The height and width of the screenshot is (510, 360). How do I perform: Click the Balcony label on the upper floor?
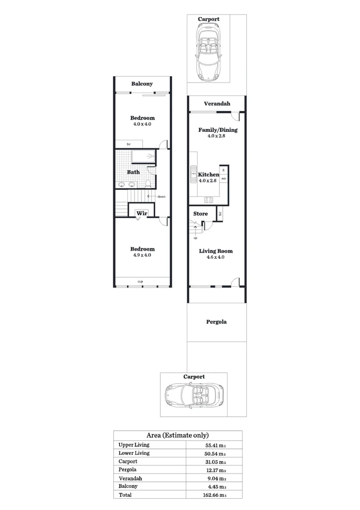[x=142, y=84]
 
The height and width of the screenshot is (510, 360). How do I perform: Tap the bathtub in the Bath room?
[x=142, y=156]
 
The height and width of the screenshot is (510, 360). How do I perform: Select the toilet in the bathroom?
[x=148, y=183]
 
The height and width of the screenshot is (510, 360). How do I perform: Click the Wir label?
[x=142, y=213]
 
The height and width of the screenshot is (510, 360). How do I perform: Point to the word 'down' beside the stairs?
[x=161, y=196]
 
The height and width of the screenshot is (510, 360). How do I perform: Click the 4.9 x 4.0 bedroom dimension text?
[x=142, y=255]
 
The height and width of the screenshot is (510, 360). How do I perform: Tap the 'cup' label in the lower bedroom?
[x=140, y=281]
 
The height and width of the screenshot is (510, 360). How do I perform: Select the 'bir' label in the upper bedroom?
[x=128, y=144]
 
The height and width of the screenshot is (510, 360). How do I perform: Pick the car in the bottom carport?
[x=194, y=394]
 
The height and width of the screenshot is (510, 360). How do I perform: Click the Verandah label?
[x=217, y=104]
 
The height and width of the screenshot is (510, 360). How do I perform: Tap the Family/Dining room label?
[x=217, y=130]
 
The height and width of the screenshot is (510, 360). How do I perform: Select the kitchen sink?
[x=193, y=174]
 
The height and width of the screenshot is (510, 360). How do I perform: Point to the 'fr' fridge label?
[x=224, y=170]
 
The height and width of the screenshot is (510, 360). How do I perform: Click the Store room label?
[x=201, y=214]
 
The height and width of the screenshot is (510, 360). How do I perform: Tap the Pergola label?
[x=217, y=322]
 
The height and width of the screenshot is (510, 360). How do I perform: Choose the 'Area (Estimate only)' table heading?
[x=178, y=435]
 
